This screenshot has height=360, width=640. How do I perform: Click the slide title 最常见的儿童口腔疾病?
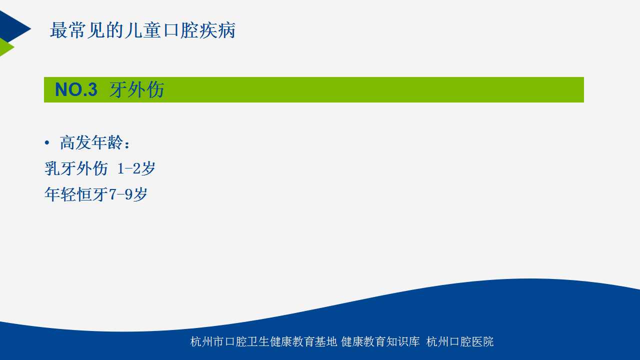tap(142, 30)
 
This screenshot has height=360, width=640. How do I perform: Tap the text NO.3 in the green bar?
tap(76, 89)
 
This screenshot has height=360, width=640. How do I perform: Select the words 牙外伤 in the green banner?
tap(137, 89)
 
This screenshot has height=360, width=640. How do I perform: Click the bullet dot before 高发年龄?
tap(47, 142)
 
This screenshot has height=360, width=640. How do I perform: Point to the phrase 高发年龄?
tap(91, 142)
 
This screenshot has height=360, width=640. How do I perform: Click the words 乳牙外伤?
tap(76, 168)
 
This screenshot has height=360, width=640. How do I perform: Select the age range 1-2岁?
tap(136, 168)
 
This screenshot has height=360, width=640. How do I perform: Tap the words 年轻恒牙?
tap(76, 194)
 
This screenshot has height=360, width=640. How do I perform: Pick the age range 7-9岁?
tap(128, 194)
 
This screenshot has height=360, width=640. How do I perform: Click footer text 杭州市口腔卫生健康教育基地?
tap(263, 341)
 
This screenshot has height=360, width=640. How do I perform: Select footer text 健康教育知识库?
tap(380, 341)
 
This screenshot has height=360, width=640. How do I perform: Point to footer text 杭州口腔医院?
tap(459, 341)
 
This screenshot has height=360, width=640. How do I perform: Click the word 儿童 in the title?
tap(142, 30)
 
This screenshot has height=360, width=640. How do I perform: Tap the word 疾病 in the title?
tap(217, 30)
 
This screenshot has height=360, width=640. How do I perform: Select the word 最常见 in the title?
tap(77, 30)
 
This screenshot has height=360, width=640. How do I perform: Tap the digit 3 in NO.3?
tap(92, 89)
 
